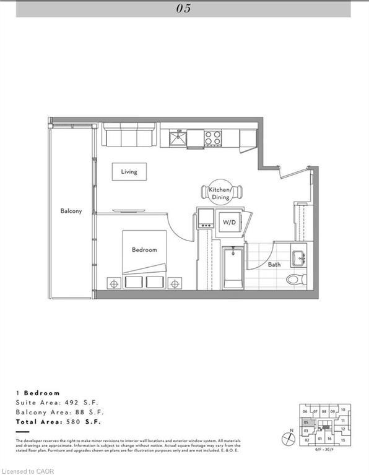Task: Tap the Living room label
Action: (129, 171)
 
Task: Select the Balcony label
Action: (71, 211)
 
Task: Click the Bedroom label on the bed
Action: (144, 250)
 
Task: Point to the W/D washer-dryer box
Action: (228, 222)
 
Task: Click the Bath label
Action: (274, 265)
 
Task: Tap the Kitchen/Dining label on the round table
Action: (220, 193)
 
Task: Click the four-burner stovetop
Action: (214, 137)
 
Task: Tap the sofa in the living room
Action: (129, 134)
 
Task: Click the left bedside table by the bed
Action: (113, 282)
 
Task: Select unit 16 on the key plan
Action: (330, 439)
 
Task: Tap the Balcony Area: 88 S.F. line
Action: (59, 411)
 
